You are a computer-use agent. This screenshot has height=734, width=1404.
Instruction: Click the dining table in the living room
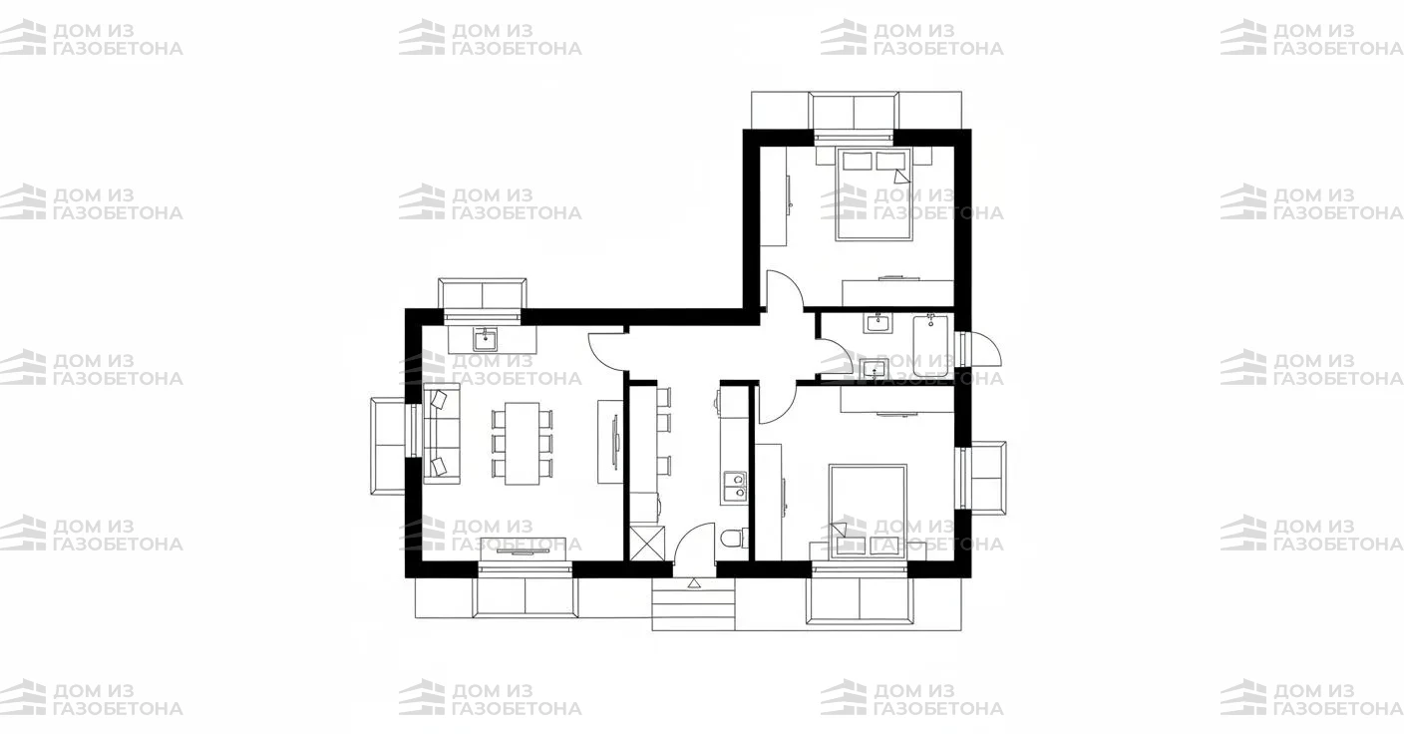(x=522, y=443)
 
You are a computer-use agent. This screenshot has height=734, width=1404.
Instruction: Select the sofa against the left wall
(x=442, y=433)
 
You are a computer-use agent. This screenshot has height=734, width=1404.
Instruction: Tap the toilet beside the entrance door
(x=734, y=539)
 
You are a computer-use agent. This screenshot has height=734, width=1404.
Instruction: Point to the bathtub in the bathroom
(x=930, y=346)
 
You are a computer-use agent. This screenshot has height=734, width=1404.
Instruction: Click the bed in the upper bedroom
(x=874, y=193)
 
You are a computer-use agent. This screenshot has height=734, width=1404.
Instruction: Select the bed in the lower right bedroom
(x=868, y=511)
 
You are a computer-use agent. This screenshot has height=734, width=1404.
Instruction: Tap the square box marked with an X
(x=647, y=543)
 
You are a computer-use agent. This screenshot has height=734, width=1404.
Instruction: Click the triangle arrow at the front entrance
(x=693, y=584)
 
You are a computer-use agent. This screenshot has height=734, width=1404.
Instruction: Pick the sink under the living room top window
(x=486, y=340)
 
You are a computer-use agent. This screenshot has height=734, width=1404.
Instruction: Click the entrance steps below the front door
(x=693, y=604)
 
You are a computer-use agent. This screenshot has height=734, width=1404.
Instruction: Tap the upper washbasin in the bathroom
(x=877, y=323)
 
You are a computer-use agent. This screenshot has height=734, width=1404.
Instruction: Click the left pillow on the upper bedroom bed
(x=857, y=161)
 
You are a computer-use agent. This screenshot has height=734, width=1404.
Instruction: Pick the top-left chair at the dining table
(x=499, y=418)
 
